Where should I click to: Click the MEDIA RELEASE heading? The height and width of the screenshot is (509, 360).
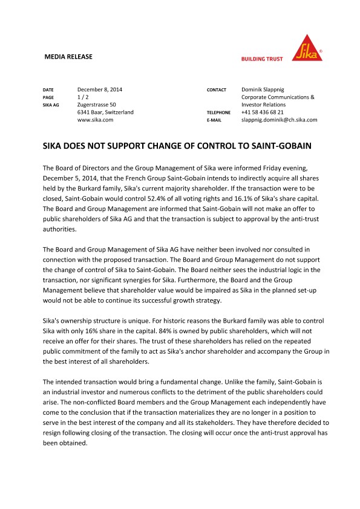click(69, 57)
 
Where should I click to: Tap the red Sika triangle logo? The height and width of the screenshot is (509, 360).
click(307, 47)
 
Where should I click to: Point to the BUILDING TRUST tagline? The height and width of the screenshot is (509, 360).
click(262, 59)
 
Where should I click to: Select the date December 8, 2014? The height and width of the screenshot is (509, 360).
click(100, 89)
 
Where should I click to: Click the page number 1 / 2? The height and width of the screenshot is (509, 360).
click(84, 97)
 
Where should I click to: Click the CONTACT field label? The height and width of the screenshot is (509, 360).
click(216, 90)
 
